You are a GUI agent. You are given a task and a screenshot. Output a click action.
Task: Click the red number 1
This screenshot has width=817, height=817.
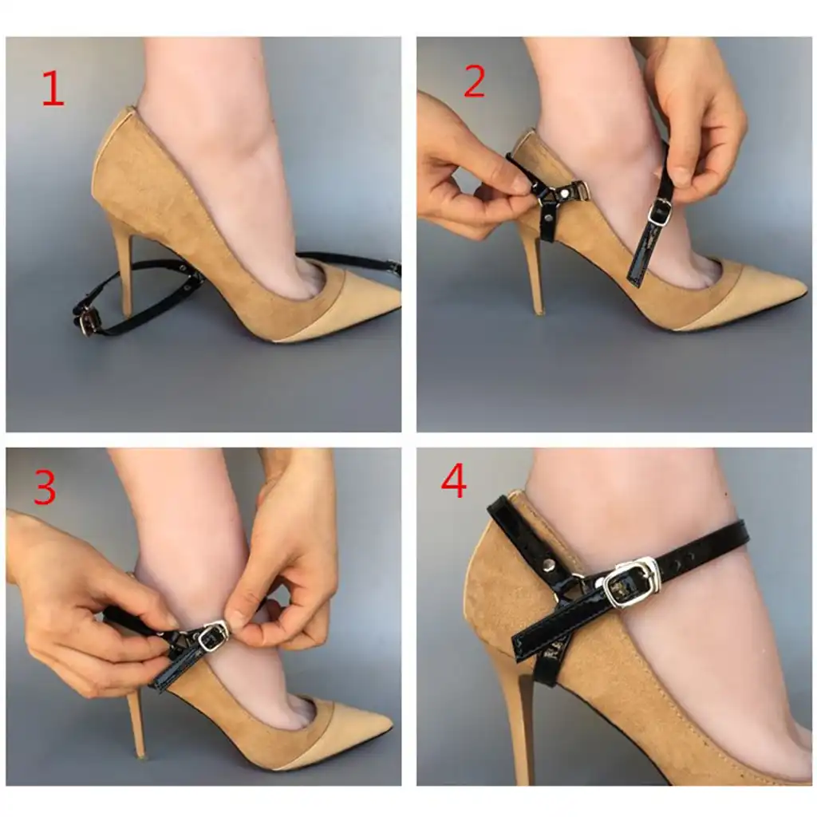pyautogui.click(x=53, y=89)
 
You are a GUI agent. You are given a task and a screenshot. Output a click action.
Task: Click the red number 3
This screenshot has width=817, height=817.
pyautogui.click(x=45, y=487)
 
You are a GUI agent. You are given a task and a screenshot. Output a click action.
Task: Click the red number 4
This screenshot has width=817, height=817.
pyautogui.click(x=453, y=483)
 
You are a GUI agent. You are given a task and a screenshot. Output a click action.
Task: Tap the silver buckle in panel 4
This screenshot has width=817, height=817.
pyautogui.click(x=630, y=582)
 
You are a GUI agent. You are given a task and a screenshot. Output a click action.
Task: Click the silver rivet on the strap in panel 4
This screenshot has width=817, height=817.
pyautogui.click(x=548, y=565)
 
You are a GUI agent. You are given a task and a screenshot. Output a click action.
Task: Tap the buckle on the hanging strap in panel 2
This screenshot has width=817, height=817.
pyautogui.click(x=659, y=212)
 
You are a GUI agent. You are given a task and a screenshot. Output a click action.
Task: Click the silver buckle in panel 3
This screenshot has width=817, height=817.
pyautogui.click(x=212, y=637)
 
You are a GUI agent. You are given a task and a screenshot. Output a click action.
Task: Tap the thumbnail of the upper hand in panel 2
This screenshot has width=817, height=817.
pyautogui.click(x=678, y=176)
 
